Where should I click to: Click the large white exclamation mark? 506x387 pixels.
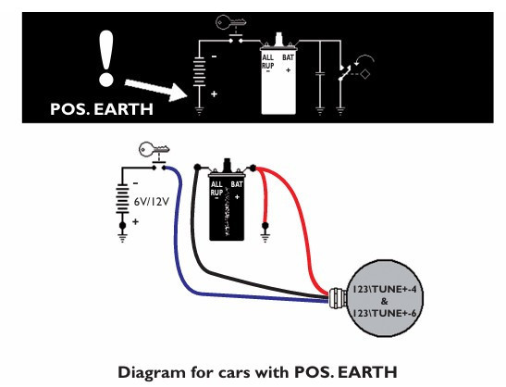point(106,58)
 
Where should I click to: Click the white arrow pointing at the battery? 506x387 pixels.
point(155,90)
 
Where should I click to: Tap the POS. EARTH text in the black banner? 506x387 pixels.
point(102,109)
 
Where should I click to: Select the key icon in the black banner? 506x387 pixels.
point(230,22)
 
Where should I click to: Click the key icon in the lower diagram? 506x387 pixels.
point(154,149)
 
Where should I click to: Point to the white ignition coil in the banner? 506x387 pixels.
point(278,78)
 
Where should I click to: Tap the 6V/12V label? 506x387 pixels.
point(152,202)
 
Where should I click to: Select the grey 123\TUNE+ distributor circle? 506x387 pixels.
point(384,298)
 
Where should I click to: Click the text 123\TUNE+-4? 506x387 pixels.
point(384,289)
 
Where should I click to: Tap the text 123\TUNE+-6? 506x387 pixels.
point(384,313)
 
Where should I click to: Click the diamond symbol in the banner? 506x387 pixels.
point(365,74)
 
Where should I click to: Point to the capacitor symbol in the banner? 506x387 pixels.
point(320,75)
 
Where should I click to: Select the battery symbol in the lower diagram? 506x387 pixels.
point(122,199)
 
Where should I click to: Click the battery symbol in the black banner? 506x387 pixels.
point(199,71)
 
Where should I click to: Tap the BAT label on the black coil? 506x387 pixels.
point(237,184)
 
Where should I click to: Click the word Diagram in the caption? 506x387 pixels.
point(152,372)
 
